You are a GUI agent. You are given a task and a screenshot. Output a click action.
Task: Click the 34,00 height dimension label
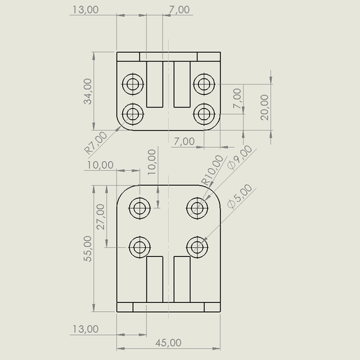(88, 91)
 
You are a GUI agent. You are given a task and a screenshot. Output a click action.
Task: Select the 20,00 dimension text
(264, 107)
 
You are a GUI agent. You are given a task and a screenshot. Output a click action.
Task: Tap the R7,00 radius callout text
(96, 143)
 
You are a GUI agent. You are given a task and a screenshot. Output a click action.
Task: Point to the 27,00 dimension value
(100, 217)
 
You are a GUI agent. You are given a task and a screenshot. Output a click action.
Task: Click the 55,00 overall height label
(88, 248)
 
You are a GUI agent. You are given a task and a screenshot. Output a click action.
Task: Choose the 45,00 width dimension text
(168, 343)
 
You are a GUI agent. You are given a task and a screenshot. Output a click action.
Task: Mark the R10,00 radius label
(212, 170)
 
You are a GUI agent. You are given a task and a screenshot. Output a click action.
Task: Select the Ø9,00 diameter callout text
(239, 158)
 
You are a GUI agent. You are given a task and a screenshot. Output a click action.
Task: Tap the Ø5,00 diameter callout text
(239, 197)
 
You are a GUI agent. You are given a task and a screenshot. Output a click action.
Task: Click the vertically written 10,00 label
(151, 162)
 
